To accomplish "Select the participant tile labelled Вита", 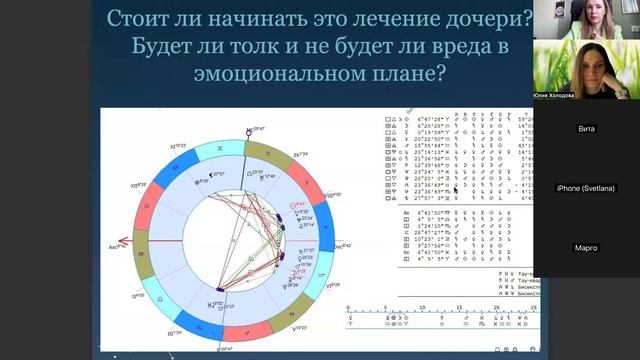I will (x=586, y=129).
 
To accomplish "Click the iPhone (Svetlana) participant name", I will (x=586, y=189).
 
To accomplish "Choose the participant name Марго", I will (x=586, y=248).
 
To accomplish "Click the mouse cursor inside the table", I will (x=455, y=187).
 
